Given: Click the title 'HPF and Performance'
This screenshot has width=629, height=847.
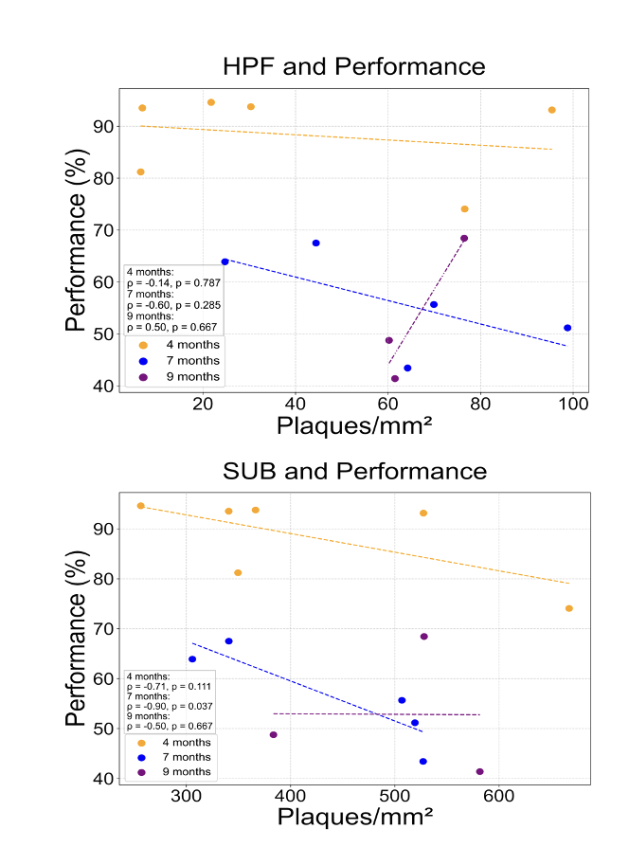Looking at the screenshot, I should (353, 66).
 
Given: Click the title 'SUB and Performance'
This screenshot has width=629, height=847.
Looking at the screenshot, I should (353, 471).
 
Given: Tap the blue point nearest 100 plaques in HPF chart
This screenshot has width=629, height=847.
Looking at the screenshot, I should (567, 328).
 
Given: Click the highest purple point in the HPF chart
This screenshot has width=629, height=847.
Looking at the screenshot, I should (464, 239).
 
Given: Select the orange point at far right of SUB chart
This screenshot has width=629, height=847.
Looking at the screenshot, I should (568, 608).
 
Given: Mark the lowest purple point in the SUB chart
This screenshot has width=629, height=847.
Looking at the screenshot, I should (479, 771).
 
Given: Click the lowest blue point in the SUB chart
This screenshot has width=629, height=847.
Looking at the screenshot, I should (422, 761).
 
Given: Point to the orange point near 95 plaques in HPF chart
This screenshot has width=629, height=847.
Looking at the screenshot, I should (551, 110).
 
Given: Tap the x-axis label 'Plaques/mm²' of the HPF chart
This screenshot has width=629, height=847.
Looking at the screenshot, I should (354, 427).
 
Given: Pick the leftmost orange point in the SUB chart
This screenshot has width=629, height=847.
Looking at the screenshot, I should (141, 506).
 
